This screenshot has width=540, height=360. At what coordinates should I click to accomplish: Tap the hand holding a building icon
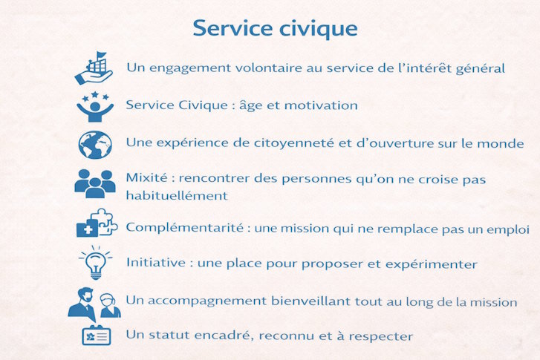coord(94,68)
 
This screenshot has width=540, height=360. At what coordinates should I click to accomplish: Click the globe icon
coord(95,144)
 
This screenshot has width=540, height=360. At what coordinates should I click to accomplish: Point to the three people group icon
coord(95,183)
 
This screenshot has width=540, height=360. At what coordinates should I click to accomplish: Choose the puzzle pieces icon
coord(97,223)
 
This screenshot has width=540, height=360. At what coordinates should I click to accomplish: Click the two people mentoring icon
coord(94,303)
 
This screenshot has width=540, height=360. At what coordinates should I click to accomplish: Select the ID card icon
coord(96,336)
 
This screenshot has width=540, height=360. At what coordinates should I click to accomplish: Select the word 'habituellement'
coord(177,196)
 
